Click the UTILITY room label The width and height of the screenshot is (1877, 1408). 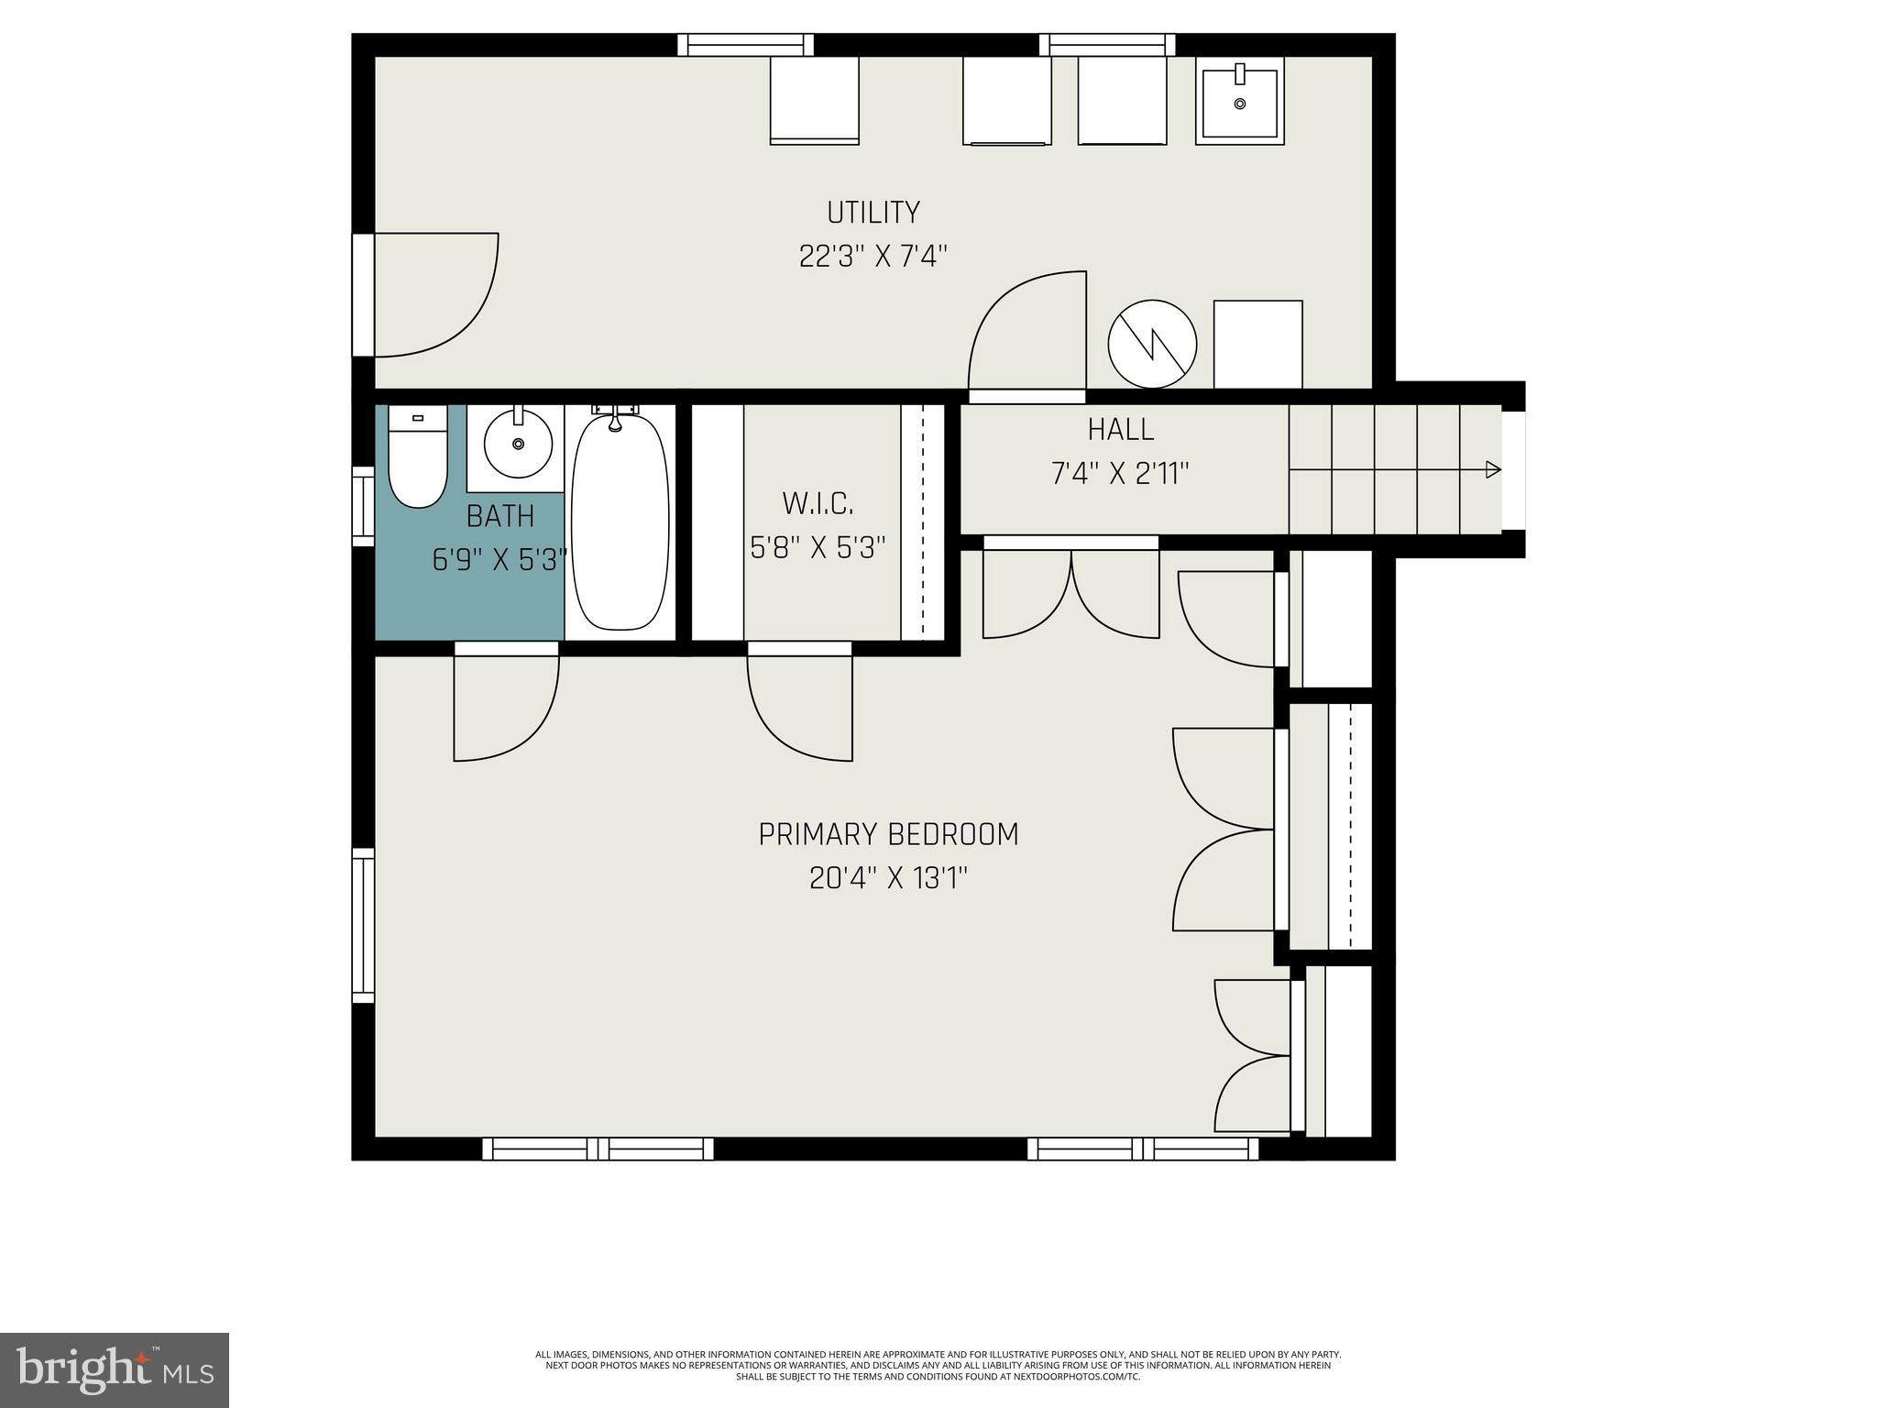pyautogui.click(x=873, y=213)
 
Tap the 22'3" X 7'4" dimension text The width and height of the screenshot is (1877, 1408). pyautogui.click(x=873, y=257)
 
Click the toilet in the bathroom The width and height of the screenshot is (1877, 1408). pyautogui.click(x=418, y=458)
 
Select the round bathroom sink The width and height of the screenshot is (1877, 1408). pyautogui.click(x=518, y=444)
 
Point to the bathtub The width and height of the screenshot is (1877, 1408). pyautogui.click(x=620, y=522)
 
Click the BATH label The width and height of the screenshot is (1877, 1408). pyautogui.click(x=499, y=517)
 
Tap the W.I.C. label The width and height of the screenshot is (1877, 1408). pyautogui.click(x=818, y=503)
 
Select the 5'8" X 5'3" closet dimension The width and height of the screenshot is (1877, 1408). pyautogui.click(x=818, y=548)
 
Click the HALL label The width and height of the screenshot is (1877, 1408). pyautogui.click(x=1120, y=430)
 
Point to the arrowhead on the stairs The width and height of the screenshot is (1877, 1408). pyautogui.click(x=1493, y=470)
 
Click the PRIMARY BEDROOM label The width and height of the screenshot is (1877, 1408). pyautogui.click(x=888, y=835)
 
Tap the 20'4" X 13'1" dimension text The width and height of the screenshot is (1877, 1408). pyautogui.click(x=888, y=879)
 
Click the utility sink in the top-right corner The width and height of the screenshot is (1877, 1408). pyautogui.click(x=1239, y=101)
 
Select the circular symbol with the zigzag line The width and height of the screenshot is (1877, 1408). pyautogui.click(x=1152, y=345)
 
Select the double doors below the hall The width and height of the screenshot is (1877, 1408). pyautogui.click(x=1070, y=591)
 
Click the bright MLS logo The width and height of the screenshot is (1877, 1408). pyautogui.click(x=114, y=1369)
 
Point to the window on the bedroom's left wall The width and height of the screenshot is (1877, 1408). pyautogui.click(x=364, y=924)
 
